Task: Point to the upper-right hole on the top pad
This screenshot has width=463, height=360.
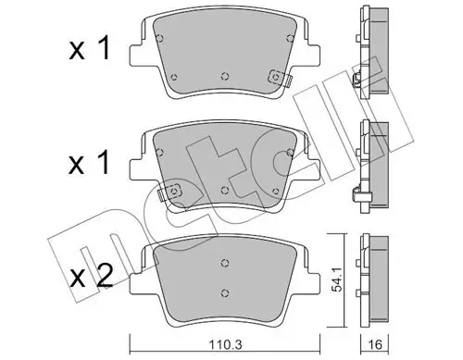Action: point(290,39)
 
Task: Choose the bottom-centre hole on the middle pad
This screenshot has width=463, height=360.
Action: point(225,189)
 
